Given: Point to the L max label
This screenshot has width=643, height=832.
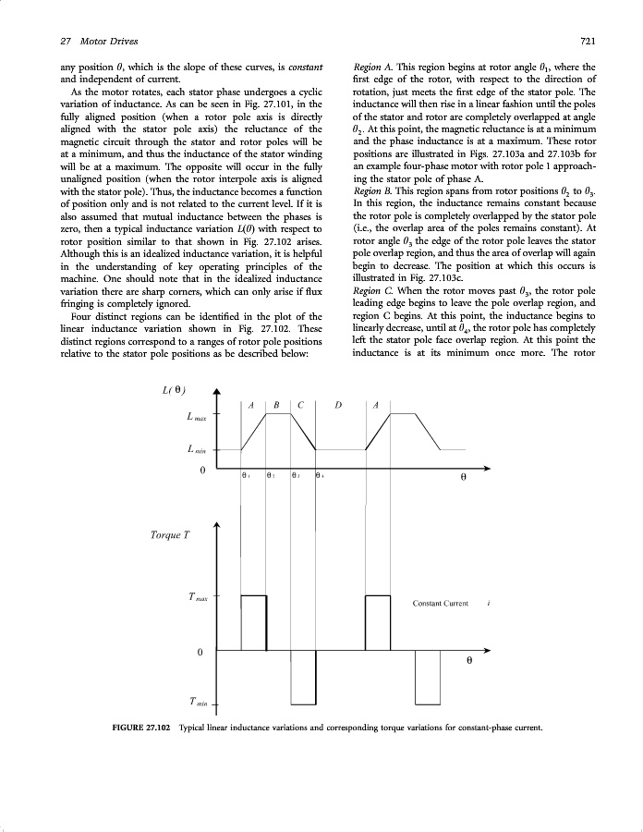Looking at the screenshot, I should (197, 417).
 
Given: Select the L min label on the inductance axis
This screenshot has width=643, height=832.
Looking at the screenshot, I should (196, 450).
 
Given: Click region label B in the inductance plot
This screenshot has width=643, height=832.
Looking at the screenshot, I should (277, 405).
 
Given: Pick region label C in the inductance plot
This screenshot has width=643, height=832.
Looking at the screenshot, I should (302, 405).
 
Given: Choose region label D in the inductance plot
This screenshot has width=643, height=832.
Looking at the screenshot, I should (339, 405).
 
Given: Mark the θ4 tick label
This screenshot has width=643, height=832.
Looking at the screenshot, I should (319, 477).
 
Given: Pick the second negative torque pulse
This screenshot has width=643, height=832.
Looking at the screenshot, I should (428, 677).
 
